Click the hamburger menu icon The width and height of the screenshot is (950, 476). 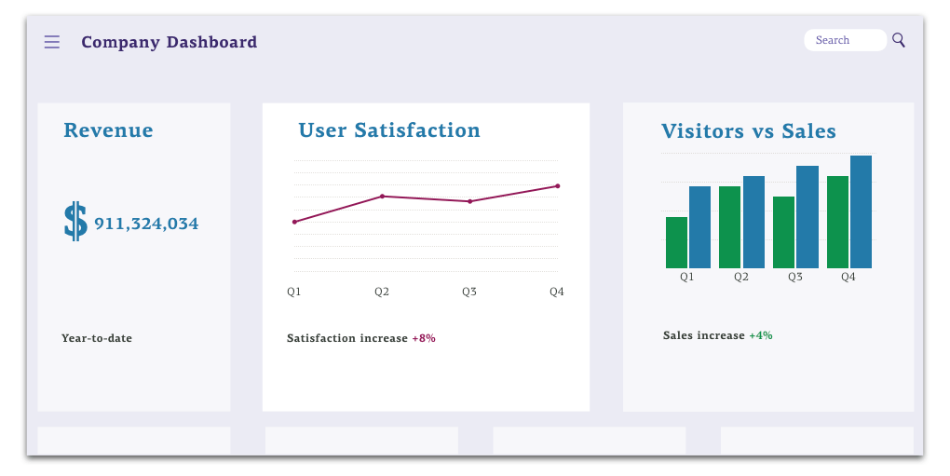52,42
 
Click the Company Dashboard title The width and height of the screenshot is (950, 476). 169,42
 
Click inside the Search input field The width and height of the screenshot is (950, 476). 843,40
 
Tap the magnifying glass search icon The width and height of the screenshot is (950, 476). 899,40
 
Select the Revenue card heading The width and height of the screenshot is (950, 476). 108,130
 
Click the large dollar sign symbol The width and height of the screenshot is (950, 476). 75,222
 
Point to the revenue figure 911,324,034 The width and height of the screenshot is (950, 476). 146,224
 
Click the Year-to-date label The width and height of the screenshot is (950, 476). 97,338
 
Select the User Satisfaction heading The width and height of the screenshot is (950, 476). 389,130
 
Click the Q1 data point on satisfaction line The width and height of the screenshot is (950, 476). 294,222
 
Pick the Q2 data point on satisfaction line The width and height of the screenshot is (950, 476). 382,197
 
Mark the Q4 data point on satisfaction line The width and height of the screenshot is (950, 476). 557,186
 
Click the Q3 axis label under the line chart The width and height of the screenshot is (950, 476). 469,292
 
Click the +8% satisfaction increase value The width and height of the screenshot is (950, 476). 424,338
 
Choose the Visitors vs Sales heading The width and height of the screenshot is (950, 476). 749,131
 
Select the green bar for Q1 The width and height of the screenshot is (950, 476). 677,243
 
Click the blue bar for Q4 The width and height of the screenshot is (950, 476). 861,212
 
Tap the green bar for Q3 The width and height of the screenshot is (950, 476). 784,233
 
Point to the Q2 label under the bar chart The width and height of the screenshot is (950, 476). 741,277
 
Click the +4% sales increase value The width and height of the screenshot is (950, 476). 761,335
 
